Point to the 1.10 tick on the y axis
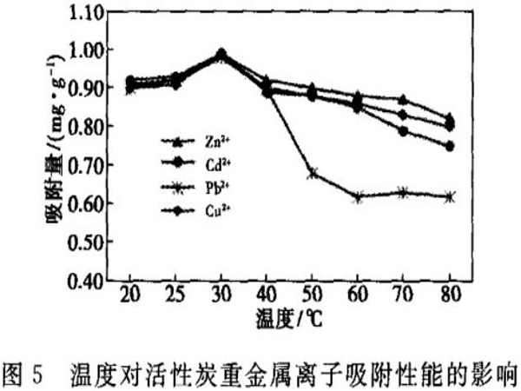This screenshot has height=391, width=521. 80,13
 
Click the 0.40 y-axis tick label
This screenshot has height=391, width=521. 80,281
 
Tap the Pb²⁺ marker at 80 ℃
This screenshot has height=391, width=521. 450,197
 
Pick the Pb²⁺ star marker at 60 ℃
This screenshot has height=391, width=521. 358,197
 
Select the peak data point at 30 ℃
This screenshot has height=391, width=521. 221,54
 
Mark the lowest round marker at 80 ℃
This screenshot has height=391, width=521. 450,146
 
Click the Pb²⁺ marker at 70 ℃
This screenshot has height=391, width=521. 404,192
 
